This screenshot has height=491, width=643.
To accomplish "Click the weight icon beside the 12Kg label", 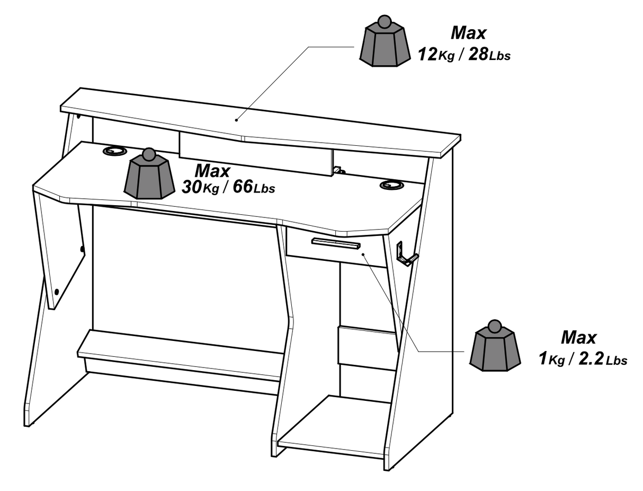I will (x=384, y=43).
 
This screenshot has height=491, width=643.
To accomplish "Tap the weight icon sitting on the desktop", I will (x=149, y=176).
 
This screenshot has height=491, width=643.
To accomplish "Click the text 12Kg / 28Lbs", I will (x=464, y=54).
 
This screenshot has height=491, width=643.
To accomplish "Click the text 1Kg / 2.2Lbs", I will (x=582, y=359).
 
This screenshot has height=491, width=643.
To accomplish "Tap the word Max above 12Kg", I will (x=468, y=33).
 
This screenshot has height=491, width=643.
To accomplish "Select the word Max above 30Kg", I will (x=212, y=171).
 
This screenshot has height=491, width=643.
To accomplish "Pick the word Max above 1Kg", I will (x=578, y=337).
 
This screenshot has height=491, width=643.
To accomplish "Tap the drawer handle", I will (x=336, y=244).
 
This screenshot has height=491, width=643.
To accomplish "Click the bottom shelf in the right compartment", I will (x=334, y=427).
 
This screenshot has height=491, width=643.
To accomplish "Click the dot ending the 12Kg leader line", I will (x=237, y=120).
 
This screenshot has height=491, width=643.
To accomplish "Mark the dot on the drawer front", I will (x=364, y=255).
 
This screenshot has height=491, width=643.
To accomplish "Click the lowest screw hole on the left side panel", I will (x=57, y=291).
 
